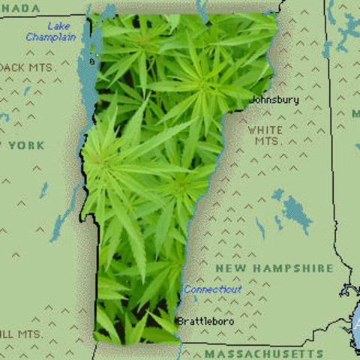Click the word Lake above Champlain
click(59, 26)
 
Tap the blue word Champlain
click(50, 37)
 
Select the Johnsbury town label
click(274, 99)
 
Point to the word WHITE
click(265, 130)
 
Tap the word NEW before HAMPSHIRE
click(230, 268)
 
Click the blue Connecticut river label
click(212, 289)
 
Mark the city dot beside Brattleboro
click(178, 321)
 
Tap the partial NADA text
click(21, 7)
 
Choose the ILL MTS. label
click(21, 332)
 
